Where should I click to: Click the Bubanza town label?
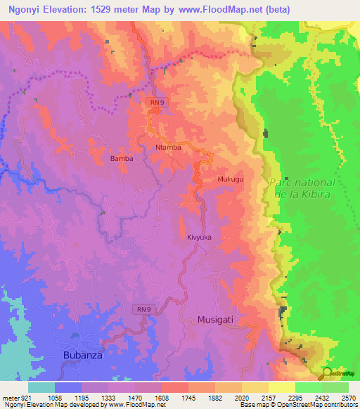click(82, 356)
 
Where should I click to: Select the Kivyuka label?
click(199, 238)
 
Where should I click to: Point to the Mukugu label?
click(230, 180)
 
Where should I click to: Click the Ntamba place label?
click(168, 148)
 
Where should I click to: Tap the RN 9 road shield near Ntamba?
click(157, 103)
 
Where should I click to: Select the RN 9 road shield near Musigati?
click(143, 309)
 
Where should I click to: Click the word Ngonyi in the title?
click(27, 8)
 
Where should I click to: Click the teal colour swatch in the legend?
click(41, 387)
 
